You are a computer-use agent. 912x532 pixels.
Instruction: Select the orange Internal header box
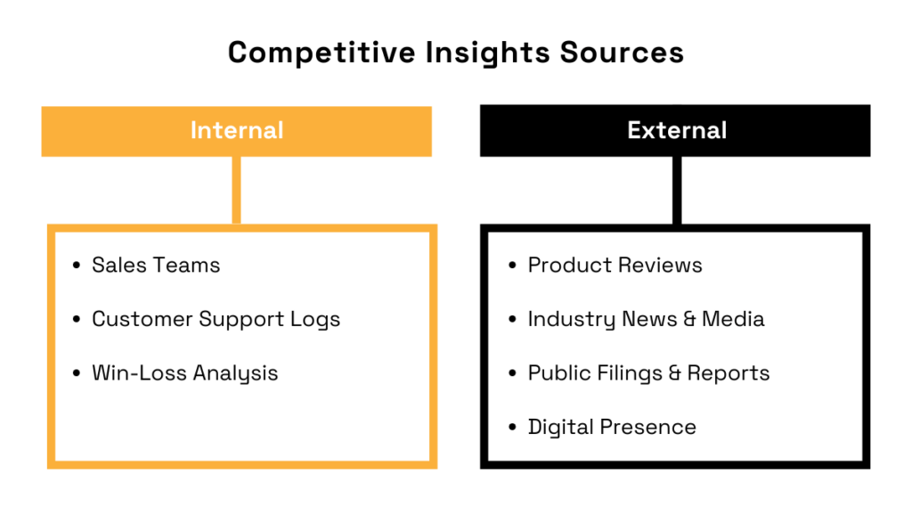click(x=236, y=131)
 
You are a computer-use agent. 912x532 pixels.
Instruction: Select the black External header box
click(x=675, y=131)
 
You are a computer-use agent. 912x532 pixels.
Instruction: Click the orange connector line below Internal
click(x=236, y=190)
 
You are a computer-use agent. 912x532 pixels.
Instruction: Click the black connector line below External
click(x=677, y=190)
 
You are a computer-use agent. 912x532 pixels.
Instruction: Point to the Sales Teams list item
click(x=156, y=266)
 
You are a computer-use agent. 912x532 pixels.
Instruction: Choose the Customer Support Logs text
click(x=216, y=319)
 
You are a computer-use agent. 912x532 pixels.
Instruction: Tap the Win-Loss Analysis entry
click(x=184, y=373)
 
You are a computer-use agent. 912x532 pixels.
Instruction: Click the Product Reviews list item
click(x=615, y=266)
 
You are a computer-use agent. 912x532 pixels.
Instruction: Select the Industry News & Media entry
click(x=646, y=319)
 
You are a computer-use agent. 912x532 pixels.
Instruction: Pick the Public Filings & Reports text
click(x=648, y=373)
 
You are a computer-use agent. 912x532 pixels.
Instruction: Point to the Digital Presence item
click(x=612, y=427)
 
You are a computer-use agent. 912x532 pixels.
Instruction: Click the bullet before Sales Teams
click(x=76, y=266)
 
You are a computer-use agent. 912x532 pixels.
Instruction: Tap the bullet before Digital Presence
click(x=512, y=428)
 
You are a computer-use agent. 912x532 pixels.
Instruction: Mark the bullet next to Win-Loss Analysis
click(x=76, y=373)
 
